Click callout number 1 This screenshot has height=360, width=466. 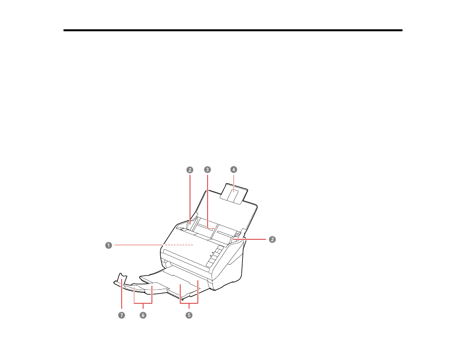[108, 245]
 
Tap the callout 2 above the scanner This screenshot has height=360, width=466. [190, 170]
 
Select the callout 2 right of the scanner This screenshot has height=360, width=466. [272, 239]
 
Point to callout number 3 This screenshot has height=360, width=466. [208, 169]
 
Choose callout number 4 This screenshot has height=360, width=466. [233, 169]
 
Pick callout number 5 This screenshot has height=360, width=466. [189, 315]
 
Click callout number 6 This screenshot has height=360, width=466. [143, 315]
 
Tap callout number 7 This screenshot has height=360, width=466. [122, 315]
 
